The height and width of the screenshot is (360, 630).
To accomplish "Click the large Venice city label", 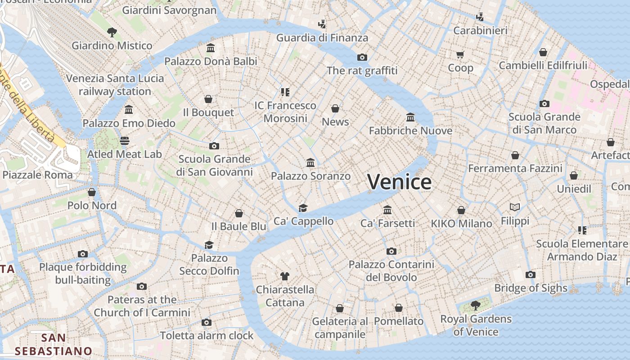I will (x=399, y=182).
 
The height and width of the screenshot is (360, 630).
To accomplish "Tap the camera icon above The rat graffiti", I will (x=362, y=57).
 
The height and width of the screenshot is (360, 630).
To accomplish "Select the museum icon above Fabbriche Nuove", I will (x=410, y=117).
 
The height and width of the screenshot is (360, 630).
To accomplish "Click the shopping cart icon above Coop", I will (x=460, y=54).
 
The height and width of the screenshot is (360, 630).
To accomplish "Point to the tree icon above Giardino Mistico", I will (x=112, y=32).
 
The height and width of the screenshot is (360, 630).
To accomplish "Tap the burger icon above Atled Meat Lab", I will (x=124, y=141).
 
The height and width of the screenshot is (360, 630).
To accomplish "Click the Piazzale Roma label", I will (x=38, y=175).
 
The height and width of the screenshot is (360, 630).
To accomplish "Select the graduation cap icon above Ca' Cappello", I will (x=303, y=208).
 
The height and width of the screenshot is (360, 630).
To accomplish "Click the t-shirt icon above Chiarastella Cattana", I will (x=284, y=276).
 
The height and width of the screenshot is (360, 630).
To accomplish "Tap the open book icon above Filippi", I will (x=515, y=207).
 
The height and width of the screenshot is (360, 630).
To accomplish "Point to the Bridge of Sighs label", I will (x=531, y=288).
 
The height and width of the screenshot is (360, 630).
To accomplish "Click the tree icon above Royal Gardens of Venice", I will (x=475, y=306).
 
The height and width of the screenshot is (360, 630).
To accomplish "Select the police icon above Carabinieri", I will (x=480, y=17).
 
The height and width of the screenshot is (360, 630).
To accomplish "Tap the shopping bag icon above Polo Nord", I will (x=92, y=192).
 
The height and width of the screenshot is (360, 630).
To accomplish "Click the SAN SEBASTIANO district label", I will (x=53, y=344).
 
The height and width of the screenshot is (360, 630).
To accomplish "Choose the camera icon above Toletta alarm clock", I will (x=207, y=322).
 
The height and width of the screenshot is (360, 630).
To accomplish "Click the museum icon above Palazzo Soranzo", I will (x=310, y=162).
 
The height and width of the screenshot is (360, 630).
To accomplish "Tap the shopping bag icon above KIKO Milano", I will (x=461, y=210).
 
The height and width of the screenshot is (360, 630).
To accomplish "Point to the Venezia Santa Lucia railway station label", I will (x=115, y=85).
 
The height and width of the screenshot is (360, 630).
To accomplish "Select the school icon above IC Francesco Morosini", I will (x=285, y=92).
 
